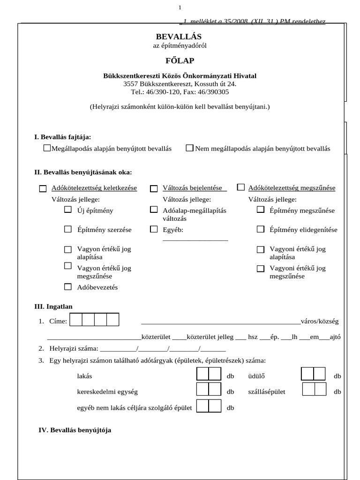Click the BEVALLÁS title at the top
(x=180, y=37)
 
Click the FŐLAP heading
(x=180, y=60)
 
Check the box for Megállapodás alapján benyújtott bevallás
(x=46, y=148)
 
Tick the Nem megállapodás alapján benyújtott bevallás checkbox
(x=189, y=148)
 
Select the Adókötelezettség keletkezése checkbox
(x=43, y=188)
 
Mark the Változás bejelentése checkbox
(x=154, y=188)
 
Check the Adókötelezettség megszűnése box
(x=241, y=187)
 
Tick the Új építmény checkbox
(x=68, y=210)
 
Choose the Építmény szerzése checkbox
(x=68, y=229)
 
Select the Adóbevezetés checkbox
(x=68, y=286)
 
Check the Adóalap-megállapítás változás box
(x=154, y=210)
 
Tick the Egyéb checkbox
(x=154, y=229)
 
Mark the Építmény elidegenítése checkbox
(x=261, y=229)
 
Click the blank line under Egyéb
(x=195, y=240)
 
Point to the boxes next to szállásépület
(x=314, y=390)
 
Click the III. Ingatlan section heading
(x=53, y=307)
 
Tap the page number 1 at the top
(x=180, y=7)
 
